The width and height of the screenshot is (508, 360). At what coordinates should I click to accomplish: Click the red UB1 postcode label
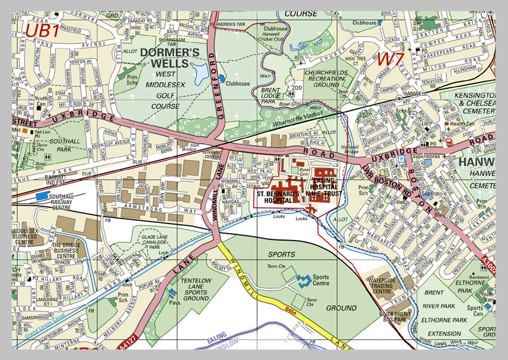(x=42, y=30)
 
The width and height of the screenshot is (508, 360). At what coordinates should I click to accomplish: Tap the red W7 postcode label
(x=391, y=60)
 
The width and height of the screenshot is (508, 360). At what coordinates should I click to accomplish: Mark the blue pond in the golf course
(x=201, y=73)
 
